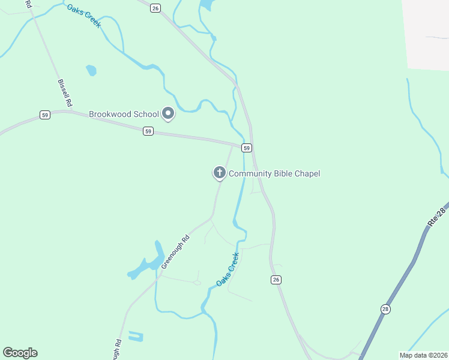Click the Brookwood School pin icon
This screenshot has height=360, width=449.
[169, 113]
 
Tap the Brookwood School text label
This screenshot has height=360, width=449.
[124, 114]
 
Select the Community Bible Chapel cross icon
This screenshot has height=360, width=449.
[220, 173]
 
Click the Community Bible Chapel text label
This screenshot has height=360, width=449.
[274, 174]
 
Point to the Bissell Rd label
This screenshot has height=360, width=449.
[65, 94]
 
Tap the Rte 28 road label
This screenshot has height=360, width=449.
[438, 215]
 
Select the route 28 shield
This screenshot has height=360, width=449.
[385, 308]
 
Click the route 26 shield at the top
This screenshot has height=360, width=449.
[155, 8]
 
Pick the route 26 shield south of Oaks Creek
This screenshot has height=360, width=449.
[276, 280]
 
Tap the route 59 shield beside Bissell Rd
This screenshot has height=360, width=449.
[44, 115]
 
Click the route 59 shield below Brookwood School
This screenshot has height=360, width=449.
[148, 131]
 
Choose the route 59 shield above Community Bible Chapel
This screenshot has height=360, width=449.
[246, 148]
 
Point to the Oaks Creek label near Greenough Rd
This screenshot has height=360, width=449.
[228, 269]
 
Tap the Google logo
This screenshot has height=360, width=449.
[20, 353]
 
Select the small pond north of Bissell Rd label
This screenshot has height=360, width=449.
[91, 70]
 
